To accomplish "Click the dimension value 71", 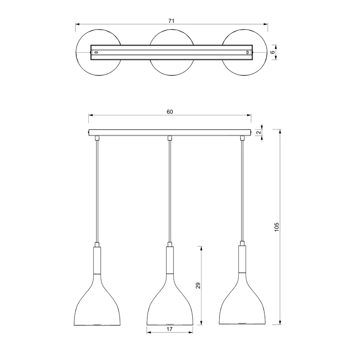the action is [x=172, y=21].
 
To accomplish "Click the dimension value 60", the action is [x=170, y=112].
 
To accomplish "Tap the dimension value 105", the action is [x=277, y=227].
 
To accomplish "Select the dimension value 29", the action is [x=198, y=285].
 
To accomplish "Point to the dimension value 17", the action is [x=169, y=329].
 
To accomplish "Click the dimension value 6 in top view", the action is [x=273, y=52].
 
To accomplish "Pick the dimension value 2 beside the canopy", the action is [x=259, y=133].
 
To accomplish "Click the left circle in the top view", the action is [x=76, y=52].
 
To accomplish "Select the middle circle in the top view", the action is [x=172, y=29].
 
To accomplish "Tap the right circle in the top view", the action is [x=268, y=52].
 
